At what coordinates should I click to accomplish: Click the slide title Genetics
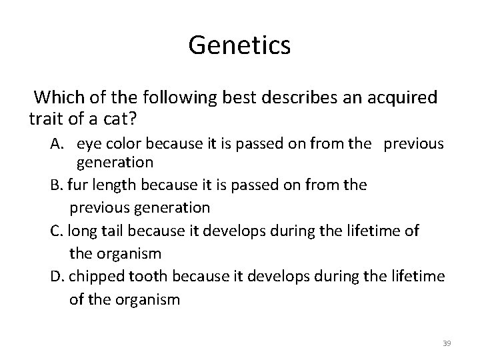pyautogui.click(x=239, y=46)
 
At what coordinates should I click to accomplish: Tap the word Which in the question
pyautogui.click(x=58, y=98)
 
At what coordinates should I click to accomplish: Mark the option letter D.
pyautogui.click(x=56, y=276)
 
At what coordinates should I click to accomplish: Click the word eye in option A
pyautogui.click(x=88, y=144)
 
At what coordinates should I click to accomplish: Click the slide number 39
pyautogui.click(x=447, y=343)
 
